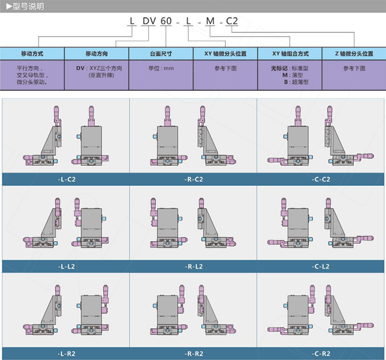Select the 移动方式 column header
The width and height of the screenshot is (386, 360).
[x=32, y=54]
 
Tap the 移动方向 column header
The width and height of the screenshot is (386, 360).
[x=97, y=54]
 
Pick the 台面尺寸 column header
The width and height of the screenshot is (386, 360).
[x=161, y=54]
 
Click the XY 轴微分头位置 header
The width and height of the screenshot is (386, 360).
[x=225, y=54]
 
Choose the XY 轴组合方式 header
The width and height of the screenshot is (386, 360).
[x=289, y=54]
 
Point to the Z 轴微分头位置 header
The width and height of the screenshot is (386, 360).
[x=354, y=54]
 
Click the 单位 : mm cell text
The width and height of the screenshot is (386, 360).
[x=161, y=68]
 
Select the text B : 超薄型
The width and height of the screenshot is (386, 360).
[x=296, y=82]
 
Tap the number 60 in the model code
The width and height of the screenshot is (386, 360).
[x=166, y=22]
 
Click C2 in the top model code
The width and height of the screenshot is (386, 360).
[x=232, y=22]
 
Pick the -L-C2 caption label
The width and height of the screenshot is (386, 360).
[x=66, y=179]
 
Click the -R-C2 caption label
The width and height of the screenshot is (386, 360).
[x=194, y=179]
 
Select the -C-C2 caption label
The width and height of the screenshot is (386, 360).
[x=321, y=179]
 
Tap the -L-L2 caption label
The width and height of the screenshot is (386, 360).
[x=66, y=266]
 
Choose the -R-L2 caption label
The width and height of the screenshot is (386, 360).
[x=194, y=266]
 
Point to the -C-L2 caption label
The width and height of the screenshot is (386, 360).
[x=321, y=266]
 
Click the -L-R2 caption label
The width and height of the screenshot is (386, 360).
[x=66, y=353]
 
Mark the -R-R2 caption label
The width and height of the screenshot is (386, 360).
[x=194, y=353]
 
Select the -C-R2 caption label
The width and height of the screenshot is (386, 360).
[x=321, y=353]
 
